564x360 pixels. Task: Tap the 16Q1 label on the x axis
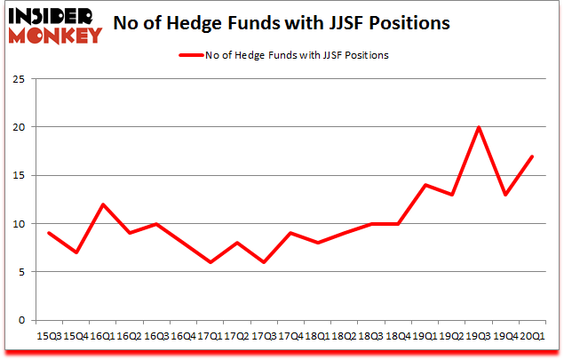(x=104, y=337)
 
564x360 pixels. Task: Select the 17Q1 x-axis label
(x=209, y=337)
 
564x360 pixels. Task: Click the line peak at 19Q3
(x=480, y=127)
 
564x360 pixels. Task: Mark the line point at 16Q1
(x=104, y=204)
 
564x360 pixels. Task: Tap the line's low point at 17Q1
(x=209, y=262)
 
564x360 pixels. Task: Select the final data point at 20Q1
(x=531, y=156)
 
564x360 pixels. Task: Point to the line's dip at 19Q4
(x=505, y=195)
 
